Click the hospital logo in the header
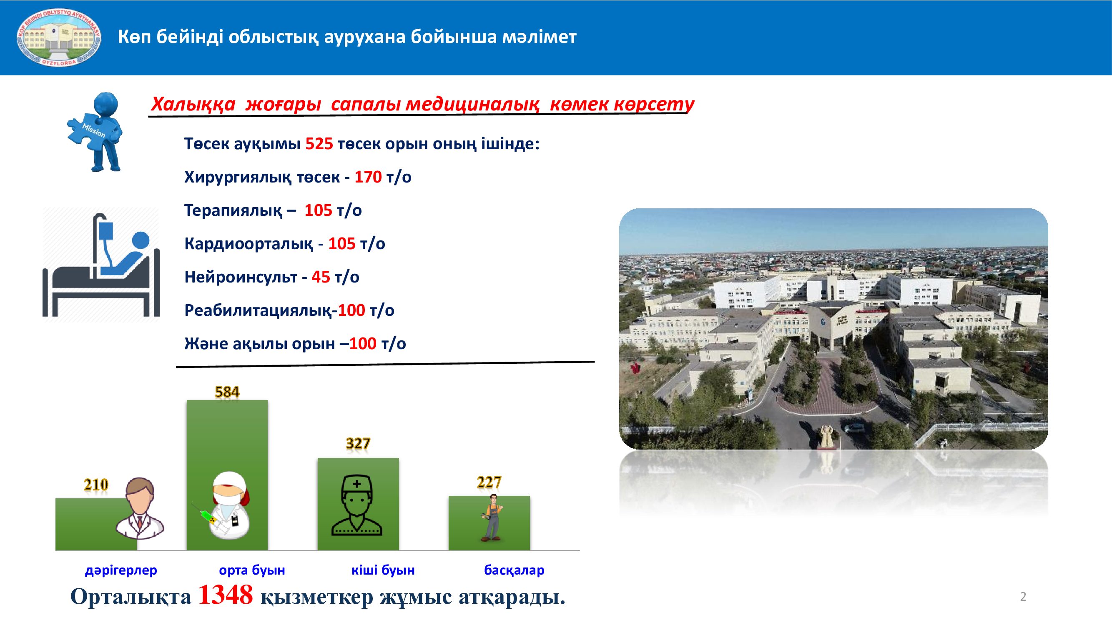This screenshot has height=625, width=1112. pyautogui.click(x=59, y=37)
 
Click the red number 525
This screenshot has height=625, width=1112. pyautogui.click(x=319, y=144)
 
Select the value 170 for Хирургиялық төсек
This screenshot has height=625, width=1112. pyautogui.click(x=368, y=177)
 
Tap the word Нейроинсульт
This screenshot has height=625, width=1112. pyautogui.click(x=241, y=277)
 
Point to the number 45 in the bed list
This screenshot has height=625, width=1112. pyautogui.click(x=321, y=277)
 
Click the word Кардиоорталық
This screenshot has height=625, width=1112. pyautogui.click(x=249, y=244)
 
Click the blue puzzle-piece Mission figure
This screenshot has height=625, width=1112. pyautogui.click(x=96, y=132)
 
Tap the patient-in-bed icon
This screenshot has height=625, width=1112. pyautogui.click(x=101, y=265)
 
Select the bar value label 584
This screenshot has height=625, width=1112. pyautogui.click(x=227, y=392)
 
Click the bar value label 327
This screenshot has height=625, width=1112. pyautogui.click(x=358, y=443)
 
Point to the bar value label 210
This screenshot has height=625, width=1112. pyautogui.click(x=96, y=485)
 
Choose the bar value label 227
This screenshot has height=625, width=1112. pyautogui.click(x=489, y=482)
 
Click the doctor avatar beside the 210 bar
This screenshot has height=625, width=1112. pyautogui.click(x=140, y=508)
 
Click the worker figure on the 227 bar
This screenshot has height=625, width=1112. pyautogui.click(x=492, y=517)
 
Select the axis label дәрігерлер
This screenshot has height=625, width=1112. pyautogui.click(x=121, y=570)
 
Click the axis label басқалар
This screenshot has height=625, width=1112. pyautogui.click(x=514, y=570)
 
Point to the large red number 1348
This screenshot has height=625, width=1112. pyautogui.click(x=225, y=595)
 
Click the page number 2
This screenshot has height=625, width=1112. pyautogui.click(x=1023, y=597)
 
